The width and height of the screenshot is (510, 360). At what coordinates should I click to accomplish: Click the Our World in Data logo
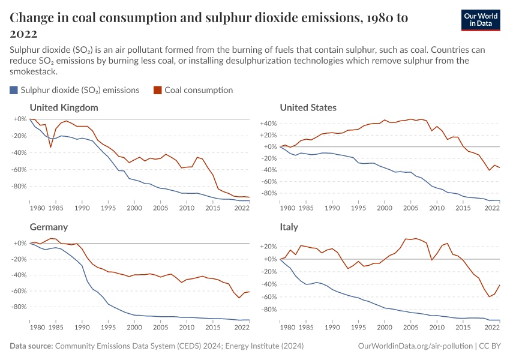480,19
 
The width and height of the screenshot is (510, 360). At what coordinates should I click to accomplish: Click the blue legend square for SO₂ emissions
14,91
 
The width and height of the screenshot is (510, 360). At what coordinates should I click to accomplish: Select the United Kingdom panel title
64,108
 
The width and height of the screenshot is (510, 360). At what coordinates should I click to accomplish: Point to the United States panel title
308,108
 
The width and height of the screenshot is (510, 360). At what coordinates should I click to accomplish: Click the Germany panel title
49,227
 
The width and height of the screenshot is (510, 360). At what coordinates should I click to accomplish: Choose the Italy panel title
289,227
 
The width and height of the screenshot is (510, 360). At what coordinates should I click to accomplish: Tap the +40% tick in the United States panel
268,124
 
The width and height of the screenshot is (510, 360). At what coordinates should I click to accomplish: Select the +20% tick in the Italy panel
268,247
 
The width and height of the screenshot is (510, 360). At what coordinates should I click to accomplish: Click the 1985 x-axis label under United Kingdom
55,208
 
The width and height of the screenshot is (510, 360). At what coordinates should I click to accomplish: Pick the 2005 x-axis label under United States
410,208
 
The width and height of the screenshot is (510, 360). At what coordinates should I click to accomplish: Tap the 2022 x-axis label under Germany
242,328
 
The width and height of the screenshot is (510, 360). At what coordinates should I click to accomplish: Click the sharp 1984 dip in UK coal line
51,147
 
